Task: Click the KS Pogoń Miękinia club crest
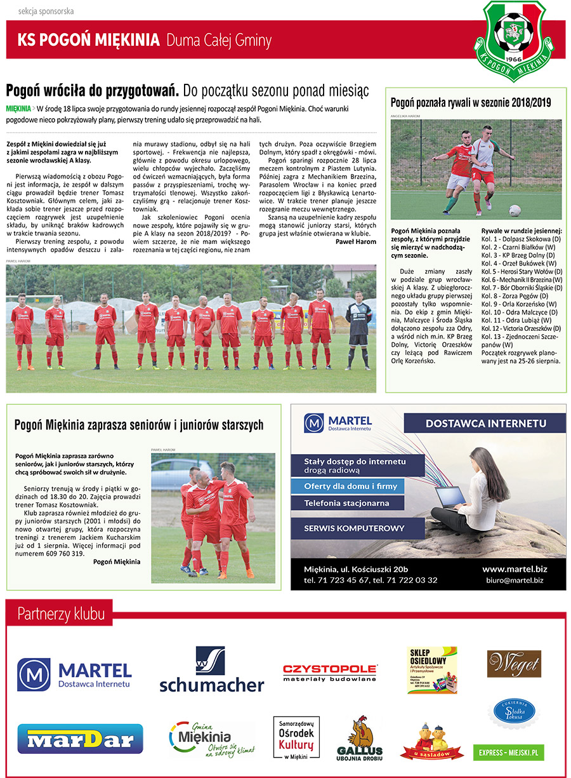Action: (x=517, y=35)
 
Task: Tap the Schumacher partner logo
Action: (x=211, y=670)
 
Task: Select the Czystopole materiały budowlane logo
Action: (x=330, y=672)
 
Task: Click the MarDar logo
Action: (x=80, y=738)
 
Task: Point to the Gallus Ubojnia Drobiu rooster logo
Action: (x=360, y=739)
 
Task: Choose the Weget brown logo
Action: (x=514, y=664)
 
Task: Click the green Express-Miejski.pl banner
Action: (x=509, y=752)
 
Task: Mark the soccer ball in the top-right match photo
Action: (x=515, y=210)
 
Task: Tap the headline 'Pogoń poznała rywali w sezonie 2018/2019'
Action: (x=471, y=102)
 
